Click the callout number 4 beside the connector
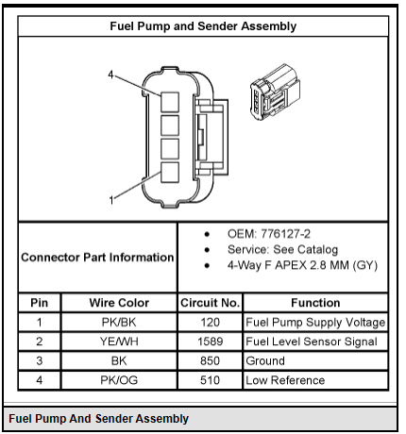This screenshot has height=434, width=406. click(110, 75)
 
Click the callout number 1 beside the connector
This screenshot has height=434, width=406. click(111, 200)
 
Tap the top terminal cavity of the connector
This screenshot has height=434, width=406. click(170, 102)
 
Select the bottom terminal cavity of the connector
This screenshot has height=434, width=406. click(170, 172)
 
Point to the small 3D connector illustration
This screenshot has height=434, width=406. click(276, 92)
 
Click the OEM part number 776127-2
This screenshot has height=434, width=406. click(286, 234)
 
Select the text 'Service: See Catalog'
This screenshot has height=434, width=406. click(282, 250)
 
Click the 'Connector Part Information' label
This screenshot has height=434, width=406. click(97, 258)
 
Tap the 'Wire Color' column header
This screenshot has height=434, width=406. click(119, 303)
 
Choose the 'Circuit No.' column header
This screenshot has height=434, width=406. click(210, 303)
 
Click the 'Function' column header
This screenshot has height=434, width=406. click(315, 303)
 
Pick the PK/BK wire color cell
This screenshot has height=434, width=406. click(119, 323)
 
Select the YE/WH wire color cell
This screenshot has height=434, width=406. click(119, 342)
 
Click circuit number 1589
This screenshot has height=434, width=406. click(210, 342)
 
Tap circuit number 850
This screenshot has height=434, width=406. click(210, 360)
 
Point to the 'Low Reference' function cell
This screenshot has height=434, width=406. click(285, 380)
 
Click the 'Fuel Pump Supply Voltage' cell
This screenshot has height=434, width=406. click(315, 323)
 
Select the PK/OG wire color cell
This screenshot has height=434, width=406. click(119, 380)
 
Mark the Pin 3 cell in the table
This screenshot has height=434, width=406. click(40, 360)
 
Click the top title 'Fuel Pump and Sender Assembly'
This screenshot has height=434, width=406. click(203, 26)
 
